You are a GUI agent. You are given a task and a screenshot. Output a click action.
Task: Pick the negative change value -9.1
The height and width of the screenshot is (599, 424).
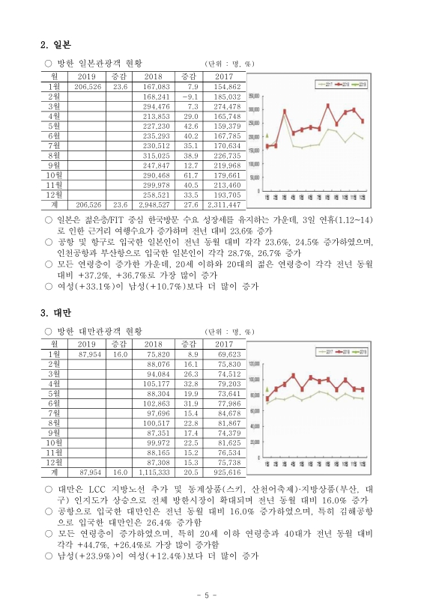coord(189,97)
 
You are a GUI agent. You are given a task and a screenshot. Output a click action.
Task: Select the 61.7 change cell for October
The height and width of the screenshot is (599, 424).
coord(189,174)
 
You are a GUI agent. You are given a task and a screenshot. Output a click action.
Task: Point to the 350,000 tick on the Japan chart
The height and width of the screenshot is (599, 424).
coord(255,96)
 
